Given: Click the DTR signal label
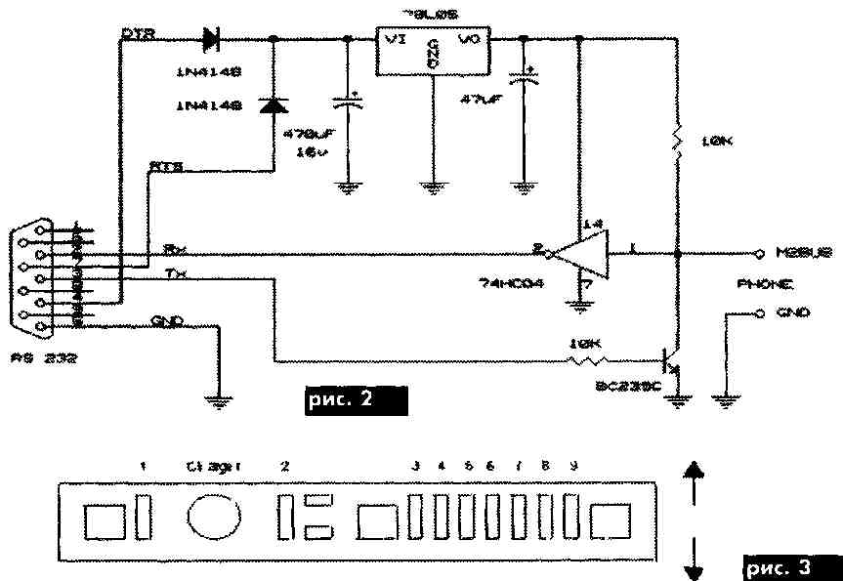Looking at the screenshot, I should [x=135, y=33].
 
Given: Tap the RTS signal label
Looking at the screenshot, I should [x=163, y=166].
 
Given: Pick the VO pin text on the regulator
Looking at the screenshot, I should [x=470, y=40].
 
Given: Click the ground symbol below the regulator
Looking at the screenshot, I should [x=430, y=184].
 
